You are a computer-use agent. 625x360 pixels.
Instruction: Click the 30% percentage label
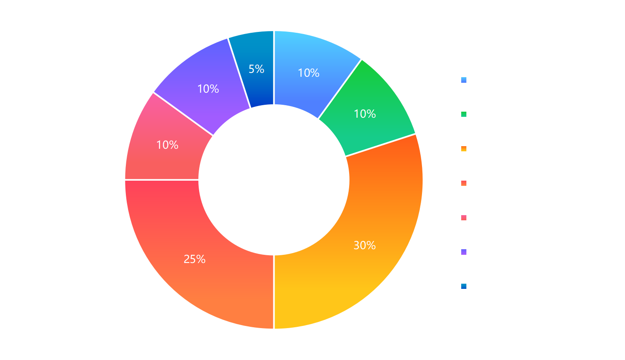(x=365, y=245)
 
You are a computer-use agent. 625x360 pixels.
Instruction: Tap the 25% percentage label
(x=194, y=259)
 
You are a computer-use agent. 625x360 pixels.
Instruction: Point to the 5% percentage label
(x=256, y=69)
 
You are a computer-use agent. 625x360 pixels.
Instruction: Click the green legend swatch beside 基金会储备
(x=464, y=115)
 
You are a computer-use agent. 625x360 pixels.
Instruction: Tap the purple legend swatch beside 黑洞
(x=464, y=252)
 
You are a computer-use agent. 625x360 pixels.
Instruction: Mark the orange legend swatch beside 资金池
(x=464, y=149)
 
